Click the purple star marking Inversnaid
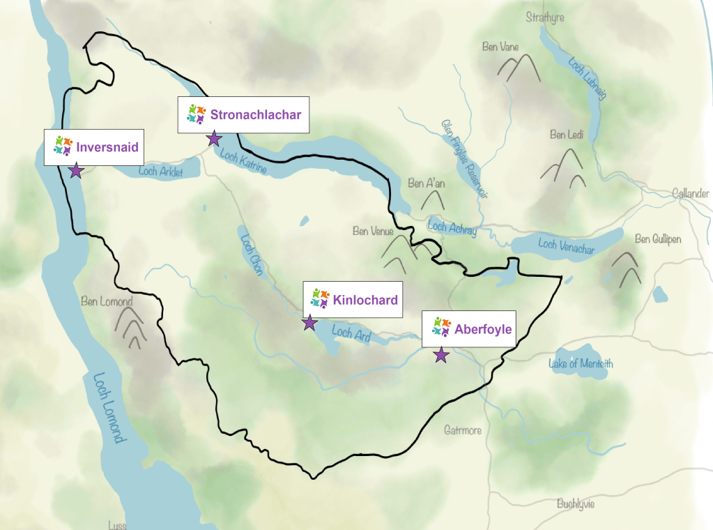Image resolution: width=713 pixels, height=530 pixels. [76, 171]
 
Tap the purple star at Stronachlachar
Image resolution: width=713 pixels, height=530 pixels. [214, 139]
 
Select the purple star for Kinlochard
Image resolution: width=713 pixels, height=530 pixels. [309, 323]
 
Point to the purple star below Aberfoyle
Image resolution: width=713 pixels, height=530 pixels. [441, 355]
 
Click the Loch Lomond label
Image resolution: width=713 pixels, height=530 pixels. [111, 409]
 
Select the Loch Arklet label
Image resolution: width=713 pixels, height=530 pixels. [160, 172]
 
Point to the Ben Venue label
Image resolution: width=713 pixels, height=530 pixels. [374, 231]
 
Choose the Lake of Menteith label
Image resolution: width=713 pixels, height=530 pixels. [581, 363]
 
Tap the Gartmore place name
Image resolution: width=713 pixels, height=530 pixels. [463, 430]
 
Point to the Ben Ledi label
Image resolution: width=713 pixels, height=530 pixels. [566, 135]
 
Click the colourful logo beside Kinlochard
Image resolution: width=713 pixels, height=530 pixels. [320, 298]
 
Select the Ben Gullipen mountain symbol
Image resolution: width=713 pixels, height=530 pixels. [625, 268]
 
